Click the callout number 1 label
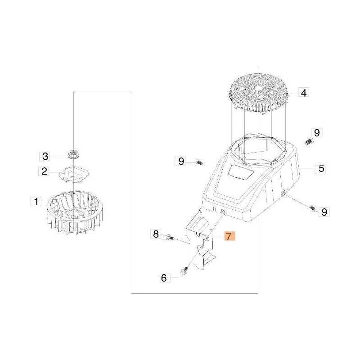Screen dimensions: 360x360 36,202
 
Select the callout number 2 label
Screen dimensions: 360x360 44,171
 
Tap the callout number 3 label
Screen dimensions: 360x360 45,156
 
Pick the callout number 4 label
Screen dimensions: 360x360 303,93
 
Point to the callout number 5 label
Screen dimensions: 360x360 321,168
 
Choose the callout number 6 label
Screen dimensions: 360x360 164,278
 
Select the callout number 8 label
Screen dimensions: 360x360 156,234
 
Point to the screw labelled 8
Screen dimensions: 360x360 170,237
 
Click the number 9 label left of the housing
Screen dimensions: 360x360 181,162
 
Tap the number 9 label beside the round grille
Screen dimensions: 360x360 317,132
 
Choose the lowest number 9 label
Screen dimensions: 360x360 324,211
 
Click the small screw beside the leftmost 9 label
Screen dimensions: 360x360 199,162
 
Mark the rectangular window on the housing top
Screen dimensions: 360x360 241,172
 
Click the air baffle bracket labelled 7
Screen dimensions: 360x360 200,239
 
